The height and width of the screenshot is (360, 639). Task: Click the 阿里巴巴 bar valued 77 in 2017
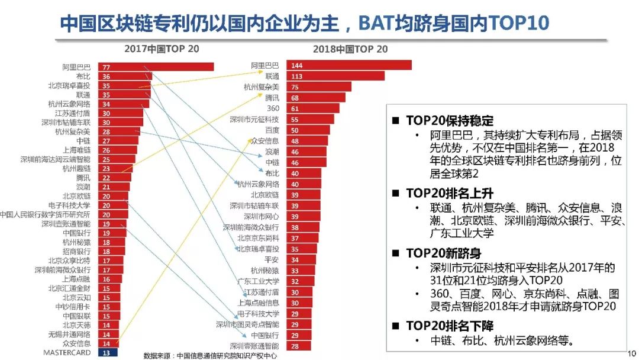pos(156,67)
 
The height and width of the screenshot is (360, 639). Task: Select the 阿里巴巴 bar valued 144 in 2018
pos(349,65)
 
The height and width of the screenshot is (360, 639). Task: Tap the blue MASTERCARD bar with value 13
pos(106,352)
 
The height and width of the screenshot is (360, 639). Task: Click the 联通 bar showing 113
pos(335,76)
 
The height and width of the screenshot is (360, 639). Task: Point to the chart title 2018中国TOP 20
pos(350,49)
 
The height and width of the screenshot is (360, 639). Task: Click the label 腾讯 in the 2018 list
pos(272,98)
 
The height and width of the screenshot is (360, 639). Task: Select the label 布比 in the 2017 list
pos(83,76)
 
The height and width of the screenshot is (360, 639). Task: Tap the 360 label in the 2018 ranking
pos(273,108)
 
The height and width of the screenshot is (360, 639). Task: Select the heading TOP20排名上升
pos(450,193)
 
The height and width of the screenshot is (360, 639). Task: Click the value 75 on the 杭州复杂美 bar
pos(295,87)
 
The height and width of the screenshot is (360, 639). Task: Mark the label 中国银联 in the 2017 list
pos(77,316)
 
